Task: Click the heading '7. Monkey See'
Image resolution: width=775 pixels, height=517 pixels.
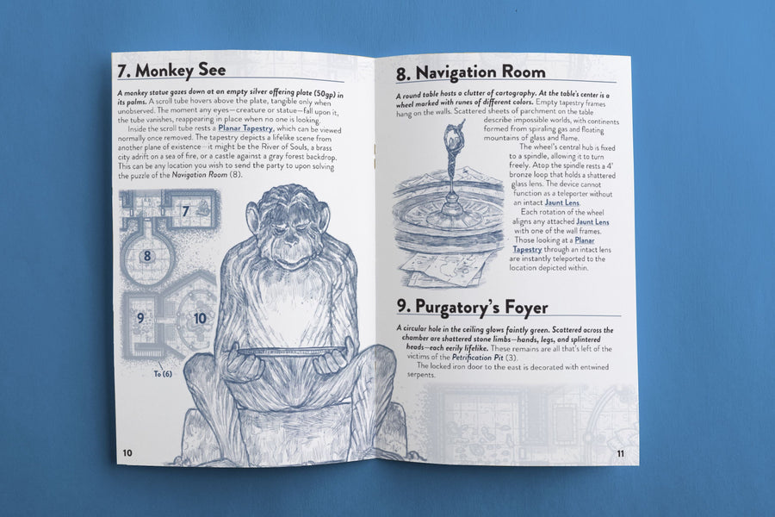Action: tap(171, 70)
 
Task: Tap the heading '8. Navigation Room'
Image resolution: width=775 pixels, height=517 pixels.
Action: tap(470, 72)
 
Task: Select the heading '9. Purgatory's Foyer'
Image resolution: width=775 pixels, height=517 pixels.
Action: tap(472, 307)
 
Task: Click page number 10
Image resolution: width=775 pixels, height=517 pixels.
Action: tap(127, 452)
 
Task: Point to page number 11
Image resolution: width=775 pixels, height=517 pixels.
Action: tap(620, 454)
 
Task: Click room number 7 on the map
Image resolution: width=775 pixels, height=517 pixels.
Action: tap(185, 211)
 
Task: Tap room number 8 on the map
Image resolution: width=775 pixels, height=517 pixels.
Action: tap(146, 256)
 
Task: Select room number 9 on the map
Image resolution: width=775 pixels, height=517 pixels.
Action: tap(140, 318)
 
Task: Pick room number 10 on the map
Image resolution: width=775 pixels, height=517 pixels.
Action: tap(200, 318)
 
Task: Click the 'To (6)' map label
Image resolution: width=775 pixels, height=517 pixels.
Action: tap(163, 374)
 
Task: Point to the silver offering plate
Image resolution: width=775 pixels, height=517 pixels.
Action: tap(292, 352)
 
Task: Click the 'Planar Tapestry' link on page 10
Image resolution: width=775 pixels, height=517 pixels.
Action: tap(245, 128)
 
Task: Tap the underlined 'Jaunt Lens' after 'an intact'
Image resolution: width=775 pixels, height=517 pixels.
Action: tap(562, 202)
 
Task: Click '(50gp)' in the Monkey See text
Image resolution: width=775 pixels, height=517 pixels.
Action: tap(329, 94)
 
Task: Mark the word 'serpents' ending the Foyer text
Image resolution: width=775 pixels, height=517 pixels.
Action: tap(421, 375)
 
